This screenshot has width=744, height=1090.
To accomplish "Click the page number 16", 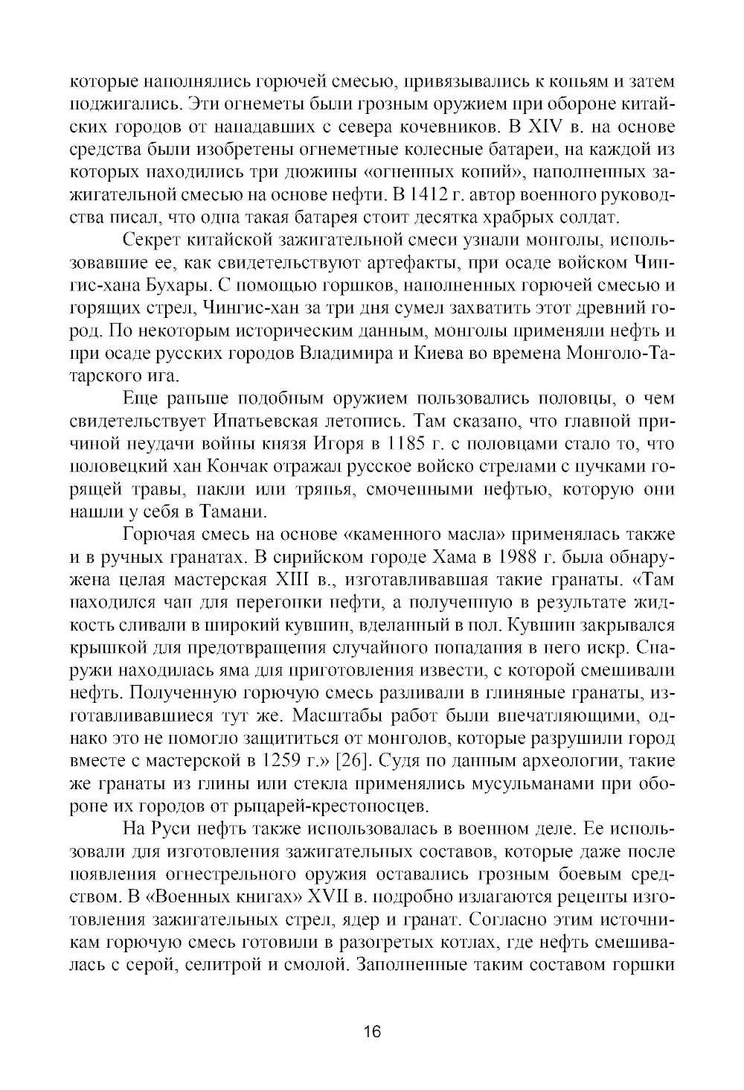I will [372, 1032].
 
